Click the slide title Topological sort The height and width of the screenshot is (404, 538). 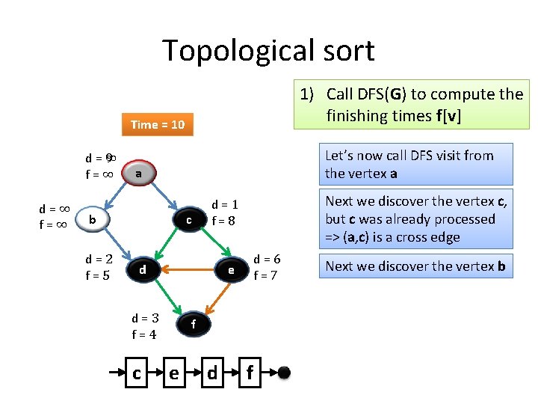point(268,51)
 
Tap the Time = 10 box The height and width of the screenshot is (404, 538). point(157,124)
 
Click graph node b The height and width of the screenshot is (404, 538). point(92,219)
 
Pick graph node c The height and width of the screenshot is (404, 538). point(189,220)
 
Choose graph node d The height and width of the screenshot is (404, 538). point(141,269)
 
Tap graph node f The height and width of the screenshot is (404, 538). point(193,324)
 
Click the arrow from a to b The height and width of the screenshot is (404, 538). point(114,196)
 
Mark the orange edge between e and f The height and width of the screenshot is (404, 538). point(214,296)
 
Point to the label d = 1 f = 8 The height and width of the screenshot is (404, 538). point(225,212)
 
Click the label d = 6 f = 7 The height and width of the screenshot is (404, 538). point(267,266)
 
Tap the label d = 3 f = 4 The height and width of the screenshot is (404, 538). point(144,325)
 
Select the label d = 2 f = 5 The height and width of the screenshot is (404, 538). point(99,267)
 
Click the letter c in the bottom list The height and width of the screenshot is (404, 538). point(136,372)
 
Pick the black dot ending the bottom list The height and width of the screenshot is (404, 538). point(284,372)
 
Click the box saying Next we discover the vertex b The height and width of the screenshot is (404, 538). point(415,266)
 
